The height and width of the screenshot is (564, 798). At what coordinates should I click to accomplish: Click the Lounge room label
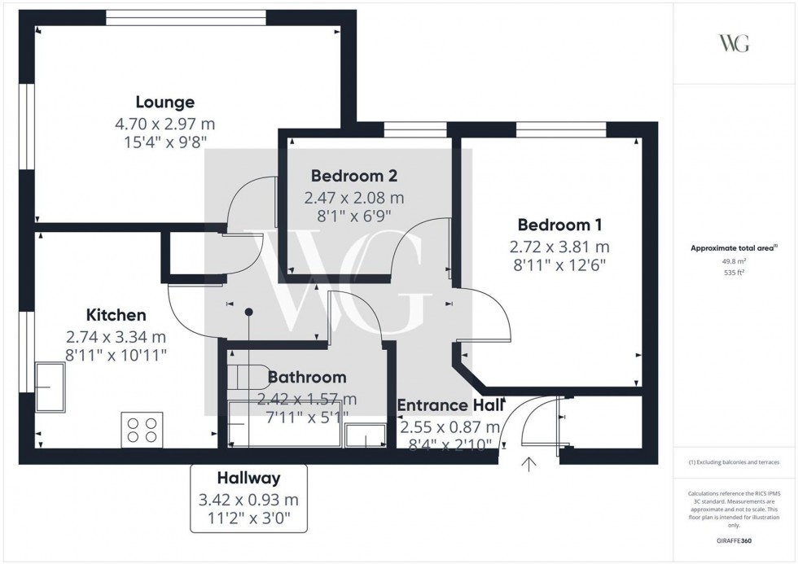pos(164,103)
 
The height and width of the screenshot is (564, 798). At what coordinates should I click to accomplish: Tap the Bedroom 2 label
pos(354,176)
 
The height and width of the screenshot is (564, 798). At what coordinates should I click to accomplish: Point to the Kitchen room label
pos(116,316)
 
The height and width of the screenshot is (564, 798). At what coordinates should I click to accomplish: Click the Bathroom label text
pos(307,378)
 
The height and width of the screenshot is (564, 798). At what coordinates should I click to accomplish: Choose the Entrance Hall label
pos(450,405)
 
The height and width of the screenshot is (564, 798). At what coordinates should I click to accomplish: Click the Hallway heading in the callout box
pos(248,479)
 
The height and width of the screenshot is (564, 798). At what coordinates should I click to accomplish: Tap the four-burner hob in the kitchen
pos(141,429)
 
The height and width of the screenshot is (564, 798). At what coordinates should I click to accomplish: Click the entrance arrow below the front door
pos(529,466)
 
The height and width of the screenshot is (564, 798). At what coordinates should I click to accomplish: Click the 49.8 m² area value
pos(734,262)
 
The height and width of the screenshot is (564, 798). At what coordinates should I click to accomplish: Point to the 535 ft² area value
pos(734,273)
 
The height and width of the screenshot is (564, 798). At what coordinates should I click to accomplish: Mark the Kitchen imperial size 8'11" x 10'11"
pos(116,354)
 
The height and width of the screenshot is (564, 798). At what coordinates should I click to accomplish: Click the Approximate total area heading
pos(734,249)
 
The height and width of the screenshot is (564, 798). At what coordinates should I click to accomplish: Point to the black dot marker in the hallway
pos(249,312)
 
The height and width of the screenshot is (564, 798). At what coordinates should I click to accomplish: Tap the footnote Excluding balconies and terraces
pos(734,462)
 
